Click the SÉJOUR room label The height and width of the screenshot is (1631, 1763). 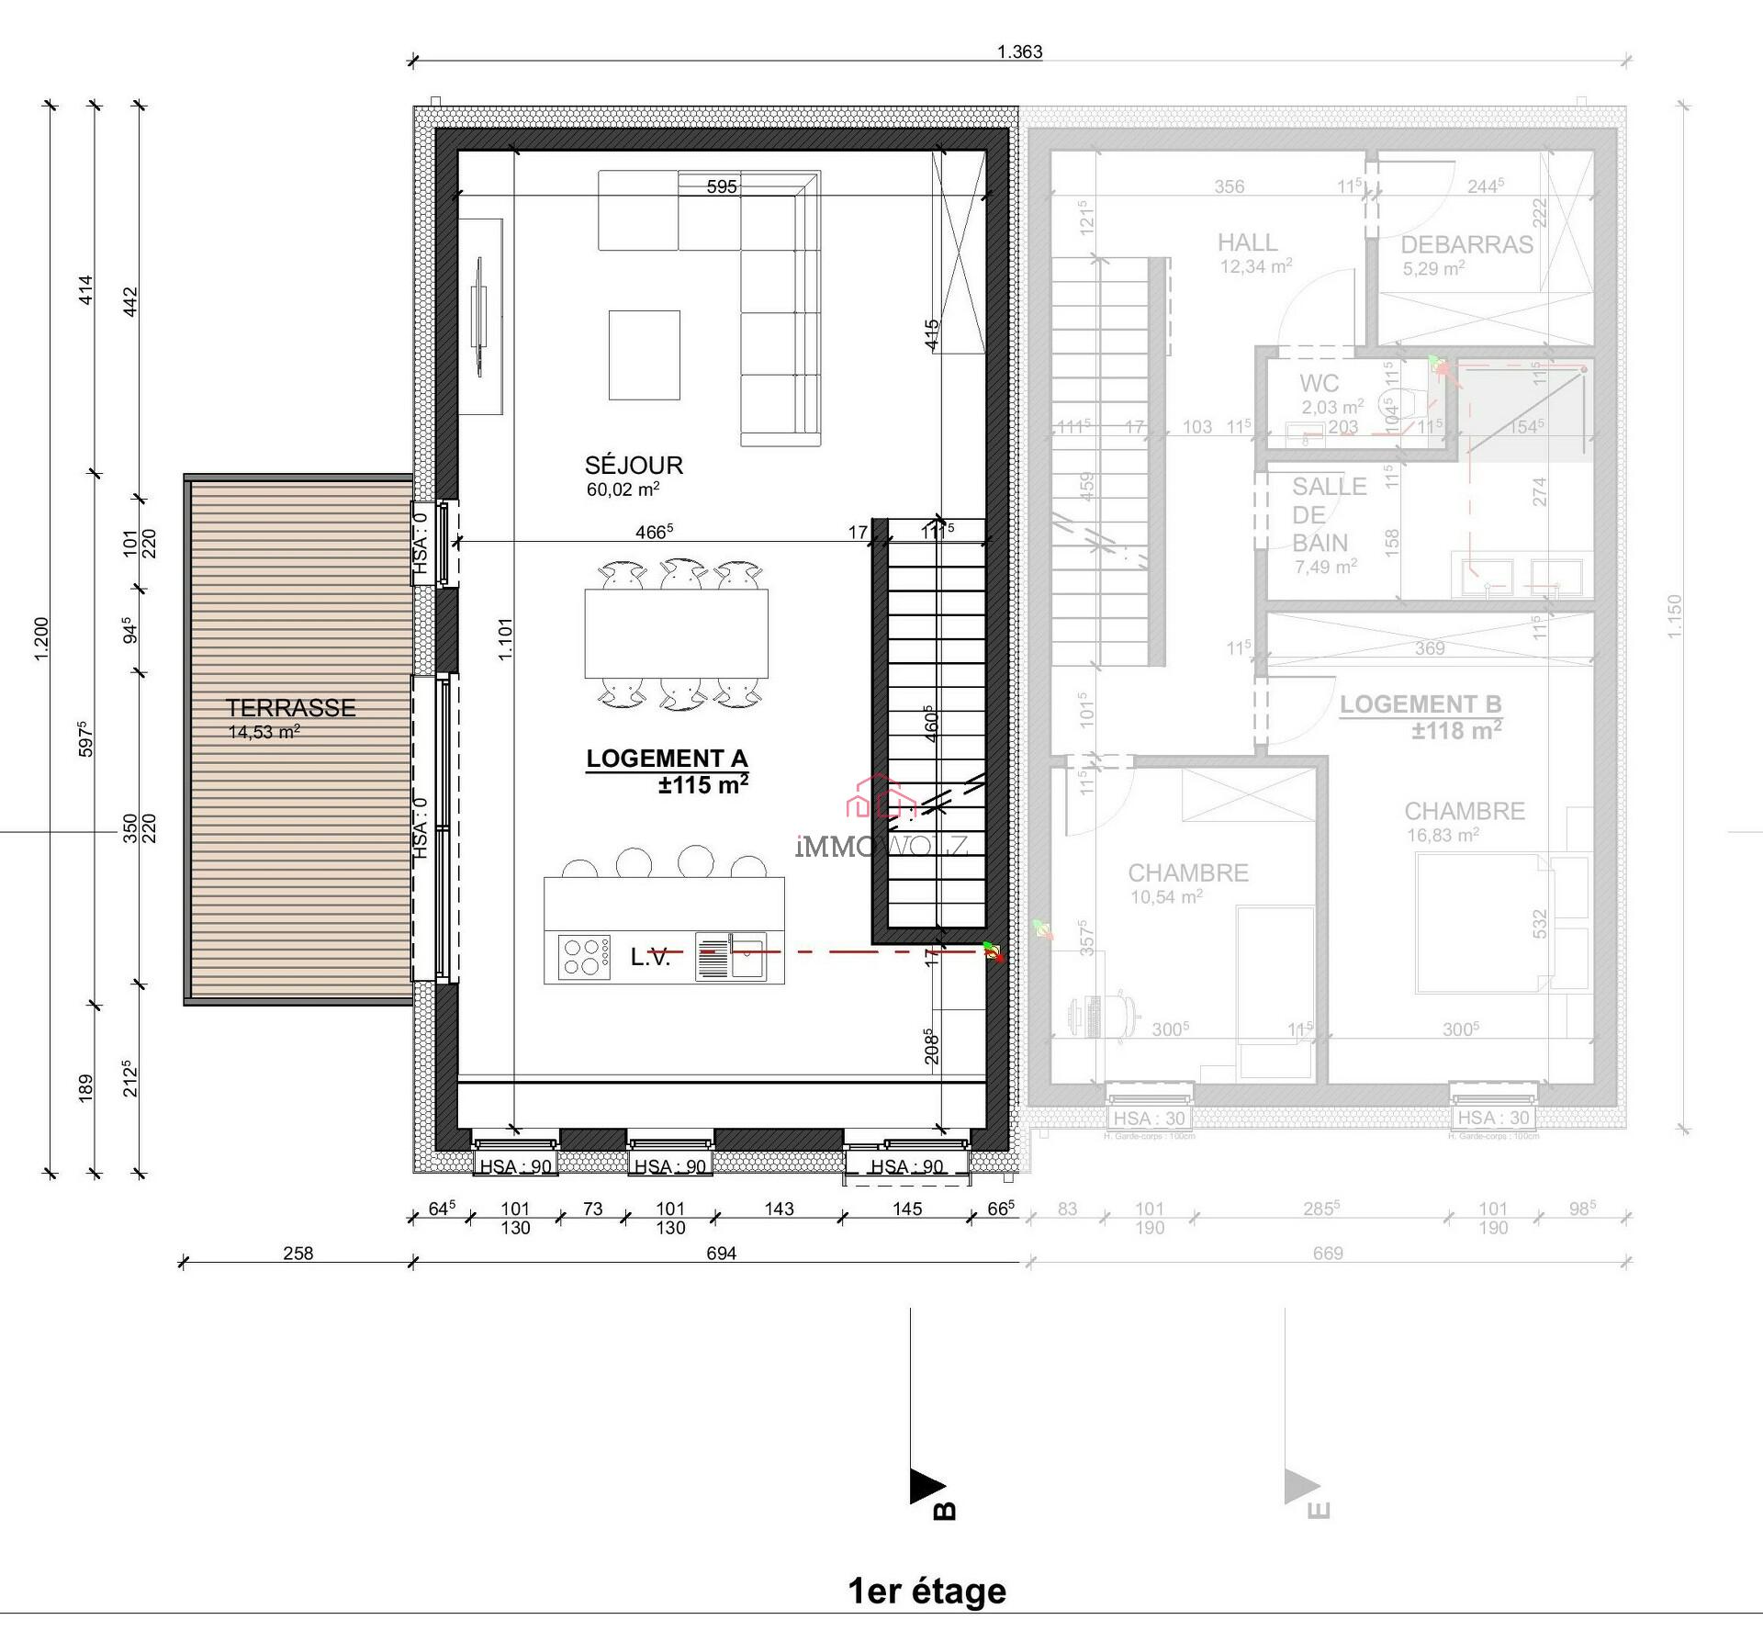tap(634, 465)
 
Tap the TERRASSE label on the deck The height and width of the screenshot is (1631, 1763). tap(291, 708)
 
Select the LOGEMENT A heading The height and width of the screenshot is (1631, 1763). tap(667, 759)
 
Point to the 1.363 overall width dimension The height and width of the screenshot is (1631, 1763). tap(1019, 51)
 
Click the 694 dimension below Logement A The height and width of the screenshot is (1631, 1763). tap(721, 1253)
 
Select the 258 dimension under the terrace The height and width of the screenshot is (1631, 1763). tap(298, 1253)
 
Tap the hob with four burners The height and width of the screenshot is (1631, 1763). tap(584, 956)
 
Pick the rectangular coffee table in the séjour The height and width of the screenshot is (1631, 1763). tap(644, 354)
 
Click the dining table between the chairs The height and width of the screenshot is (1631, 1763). tap(676, 634)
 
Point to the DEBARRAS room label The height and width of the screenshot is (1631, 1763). tap(1466, 244)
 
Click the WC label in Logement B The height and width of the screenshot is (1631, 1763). tap(1319, 383)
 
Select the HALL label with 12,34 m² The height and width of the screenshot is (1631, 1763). tap(1247, 242)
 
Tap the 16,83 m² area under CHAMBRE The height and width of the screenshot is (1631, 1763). tap(1443, 835)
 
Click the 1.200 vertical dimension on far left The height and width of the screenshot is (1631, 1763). tap(40, 637)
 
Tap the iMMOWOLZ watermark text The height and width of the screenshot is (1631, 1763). tap(881, 846)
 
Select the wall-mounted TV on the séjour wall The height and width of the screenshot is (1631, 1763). tap(478, 317)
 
